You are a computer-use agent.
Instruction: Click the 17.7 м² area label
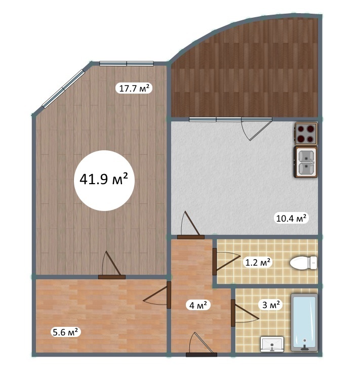(134, 89)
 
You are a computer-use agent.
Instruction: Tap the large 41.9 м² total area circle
(104, 180)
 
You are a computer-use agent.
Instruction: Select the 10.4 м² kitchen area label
(291, 218)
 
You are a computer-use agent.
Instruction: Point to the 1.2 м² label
(258, 263)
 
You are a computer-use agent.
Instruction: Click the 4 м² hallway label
(198, 305)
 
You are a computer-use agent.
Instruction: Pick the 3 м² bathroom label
(271, 305)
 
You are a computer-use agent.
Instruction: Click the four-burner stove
(306, 134)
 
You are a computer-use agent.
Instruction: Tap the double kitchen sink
(306, 162)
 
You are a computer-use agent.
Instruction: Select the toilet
(304, 263)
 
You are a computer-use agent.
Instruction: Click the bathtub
(304, 323)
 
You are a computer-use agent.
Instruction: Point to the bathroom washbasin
(272, 344)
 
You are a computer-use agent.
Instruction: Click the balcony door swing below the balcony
(256, 129)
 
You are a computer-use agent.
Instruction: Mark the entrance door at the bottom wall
(202, 344)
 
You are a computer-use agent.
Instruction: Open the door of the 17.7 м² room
(112, 265)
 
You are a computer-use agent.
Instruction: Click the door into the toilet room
(226, 262)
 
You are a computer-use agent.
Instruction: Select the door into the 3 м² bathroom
(245, 313)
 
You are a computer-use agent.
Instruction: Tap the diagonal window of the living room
(63, 89)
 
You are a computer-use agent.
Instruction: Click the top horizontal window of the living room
(127, 64)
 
